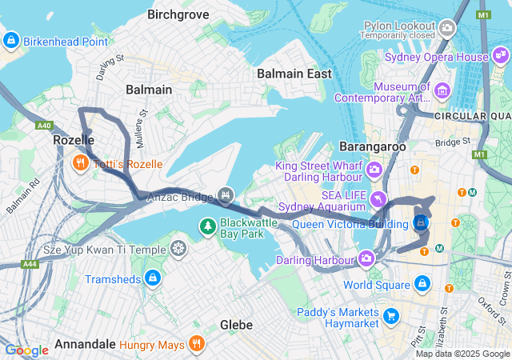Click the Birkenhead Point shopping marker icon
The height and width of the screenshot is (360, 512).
[x=11, y=40]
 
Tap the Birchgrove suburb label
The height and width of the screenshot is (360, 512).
[x=178, y=14]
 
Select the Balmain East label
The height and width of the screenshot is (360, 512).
[x=294, y=74]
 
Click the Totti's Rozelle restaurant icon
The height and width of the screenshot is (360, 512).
[x=80, y=164]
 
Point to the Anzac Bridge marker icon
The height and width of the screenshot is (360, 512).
[x=226, y=196]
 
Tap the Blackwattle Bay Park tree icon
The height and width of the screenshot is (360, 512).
[x=207, y=227]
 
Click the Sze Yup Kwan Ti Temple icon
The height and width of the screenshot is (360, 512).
[x=179, y=249]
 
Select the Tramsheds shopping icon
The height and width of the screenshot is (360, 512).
[x=152, y=278]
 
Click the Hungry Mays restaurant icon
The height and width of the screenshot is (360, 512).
[x=196, y=346]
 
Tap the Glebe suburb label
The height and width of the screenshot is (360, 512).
[x=237, y=325]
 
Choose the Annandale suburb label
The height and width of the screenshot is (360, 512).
[x=85, y=346]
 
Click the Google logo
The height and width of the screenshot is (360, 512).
[x=26, y=350]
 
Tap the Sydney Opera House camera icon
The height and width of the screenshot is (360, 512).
[x=501, y=57]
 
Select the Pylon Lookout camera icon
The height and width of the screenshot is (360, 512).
[x=447, y=28]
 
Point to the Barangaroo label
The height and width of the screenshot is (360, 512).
[x=373, y=147]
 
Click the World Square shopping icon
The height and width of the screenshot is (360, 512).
[x=422, y=284]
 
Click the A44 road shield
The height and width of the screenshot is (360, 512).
[x=30, y=263]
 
